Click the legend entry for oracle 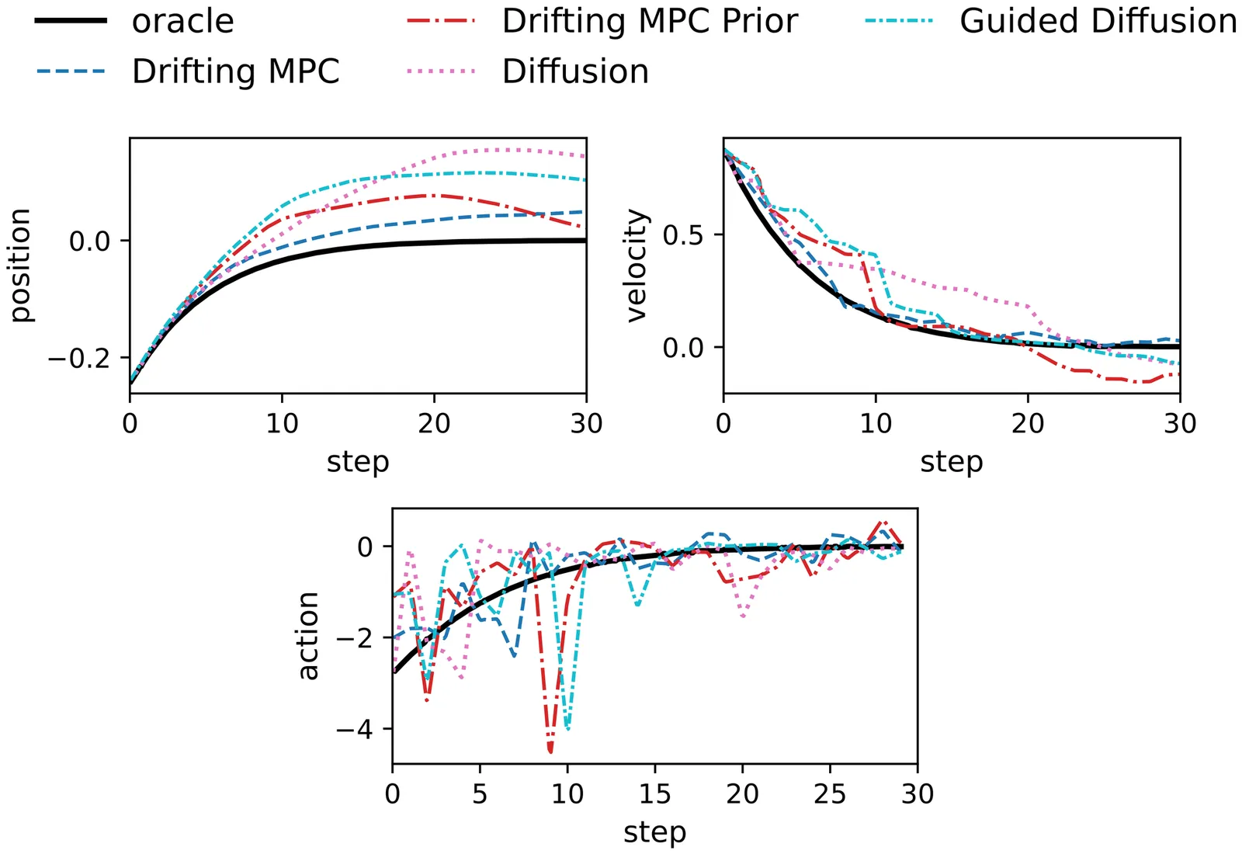(182, 21)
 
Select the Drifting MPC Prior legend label (649, 21)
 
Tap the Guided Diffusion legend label (1098, 21)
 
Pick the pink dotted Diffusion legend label (575, 71)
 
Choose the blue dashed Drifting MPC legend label (235, 71)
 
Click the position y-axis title (20, 266)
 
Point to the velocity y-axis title (636, 266)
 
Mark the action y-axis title (308, 636)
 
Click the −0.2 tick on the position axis (79, 359)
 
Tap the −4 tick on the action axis (354, 730)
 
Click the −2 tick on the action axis (354, 638)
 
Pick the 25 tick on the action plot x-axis (830, 794)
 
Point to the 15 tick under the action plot (654, 794)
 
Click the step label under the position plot (358, 462)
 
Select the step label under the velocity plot (952, 462)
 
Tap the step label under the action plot (654, 832)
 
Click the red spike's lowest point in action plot (550, 751)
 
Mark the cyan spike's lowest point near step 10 (568, 728)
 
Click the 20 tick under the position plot (434, 424)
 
